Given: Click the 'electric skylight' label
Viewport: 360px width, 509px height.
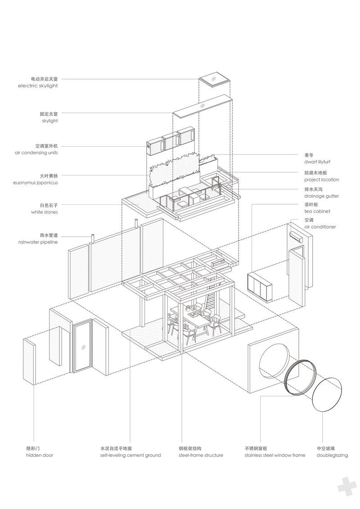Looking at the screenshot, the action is (38, 86).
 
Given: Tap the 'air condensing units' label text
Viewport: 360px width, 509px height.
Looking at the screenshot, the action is (36, 153).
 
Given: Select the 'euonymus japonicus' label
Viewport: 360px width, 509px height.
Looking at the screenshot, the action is (36, 183).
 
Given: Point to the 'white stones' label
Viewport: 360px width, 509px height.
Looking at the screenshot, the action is (45, 212).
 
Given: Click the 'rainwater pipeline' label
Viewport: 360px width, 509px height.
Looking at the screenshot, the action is (38, 242).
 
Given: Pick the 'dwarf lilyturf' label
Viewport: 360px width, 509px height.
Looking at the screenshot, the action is (317, 162).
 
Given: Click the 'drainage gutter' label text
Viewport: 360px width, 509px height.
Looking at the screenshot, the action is (321, 196).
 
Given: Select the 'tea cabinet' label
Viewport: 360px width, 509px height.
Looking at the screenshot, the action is (317, 212).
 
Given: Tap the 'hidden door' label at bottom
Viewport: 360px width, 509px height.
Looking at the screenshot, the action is (40, 455).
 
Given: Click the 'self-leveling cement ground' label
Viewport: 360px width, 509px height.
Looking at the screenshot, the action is (130, 455).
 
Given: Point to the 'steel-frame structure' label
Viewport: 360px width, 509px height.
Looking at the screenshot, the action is (201, 455).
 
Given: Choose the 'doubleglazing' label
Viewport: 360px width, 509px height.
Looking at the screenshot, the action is (332, 455).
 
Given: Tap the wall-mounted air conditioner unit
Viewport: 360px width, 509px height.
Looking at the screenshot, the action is (296, 236).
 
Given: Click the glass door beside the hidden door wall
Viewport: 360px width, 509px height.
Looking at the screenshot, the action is (82, 346).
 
